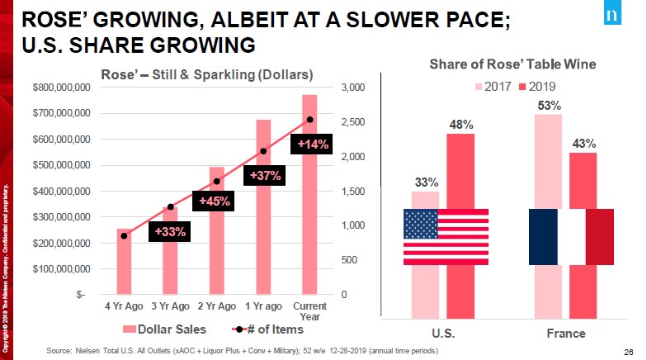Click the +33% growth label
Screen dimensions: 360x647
click(x=171, y=232)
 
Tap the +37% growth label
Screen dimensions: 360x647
click(x=263, y=175)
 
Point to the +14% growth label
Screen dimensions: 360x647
click(x=313, y=144)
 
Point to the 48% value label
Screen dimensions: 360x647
click(x=460, y=125)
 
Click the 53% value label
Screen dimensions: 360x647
click(x=548, y=106)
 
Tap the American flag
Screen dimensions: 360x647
click(x=446, y=236)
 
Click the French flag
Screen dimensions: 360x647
click(x=571, y=236)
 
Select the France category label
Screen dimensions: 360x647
click(x=565, y=334)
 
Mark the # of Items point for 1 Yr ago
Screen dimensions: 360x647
click(x=263, y=151)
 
